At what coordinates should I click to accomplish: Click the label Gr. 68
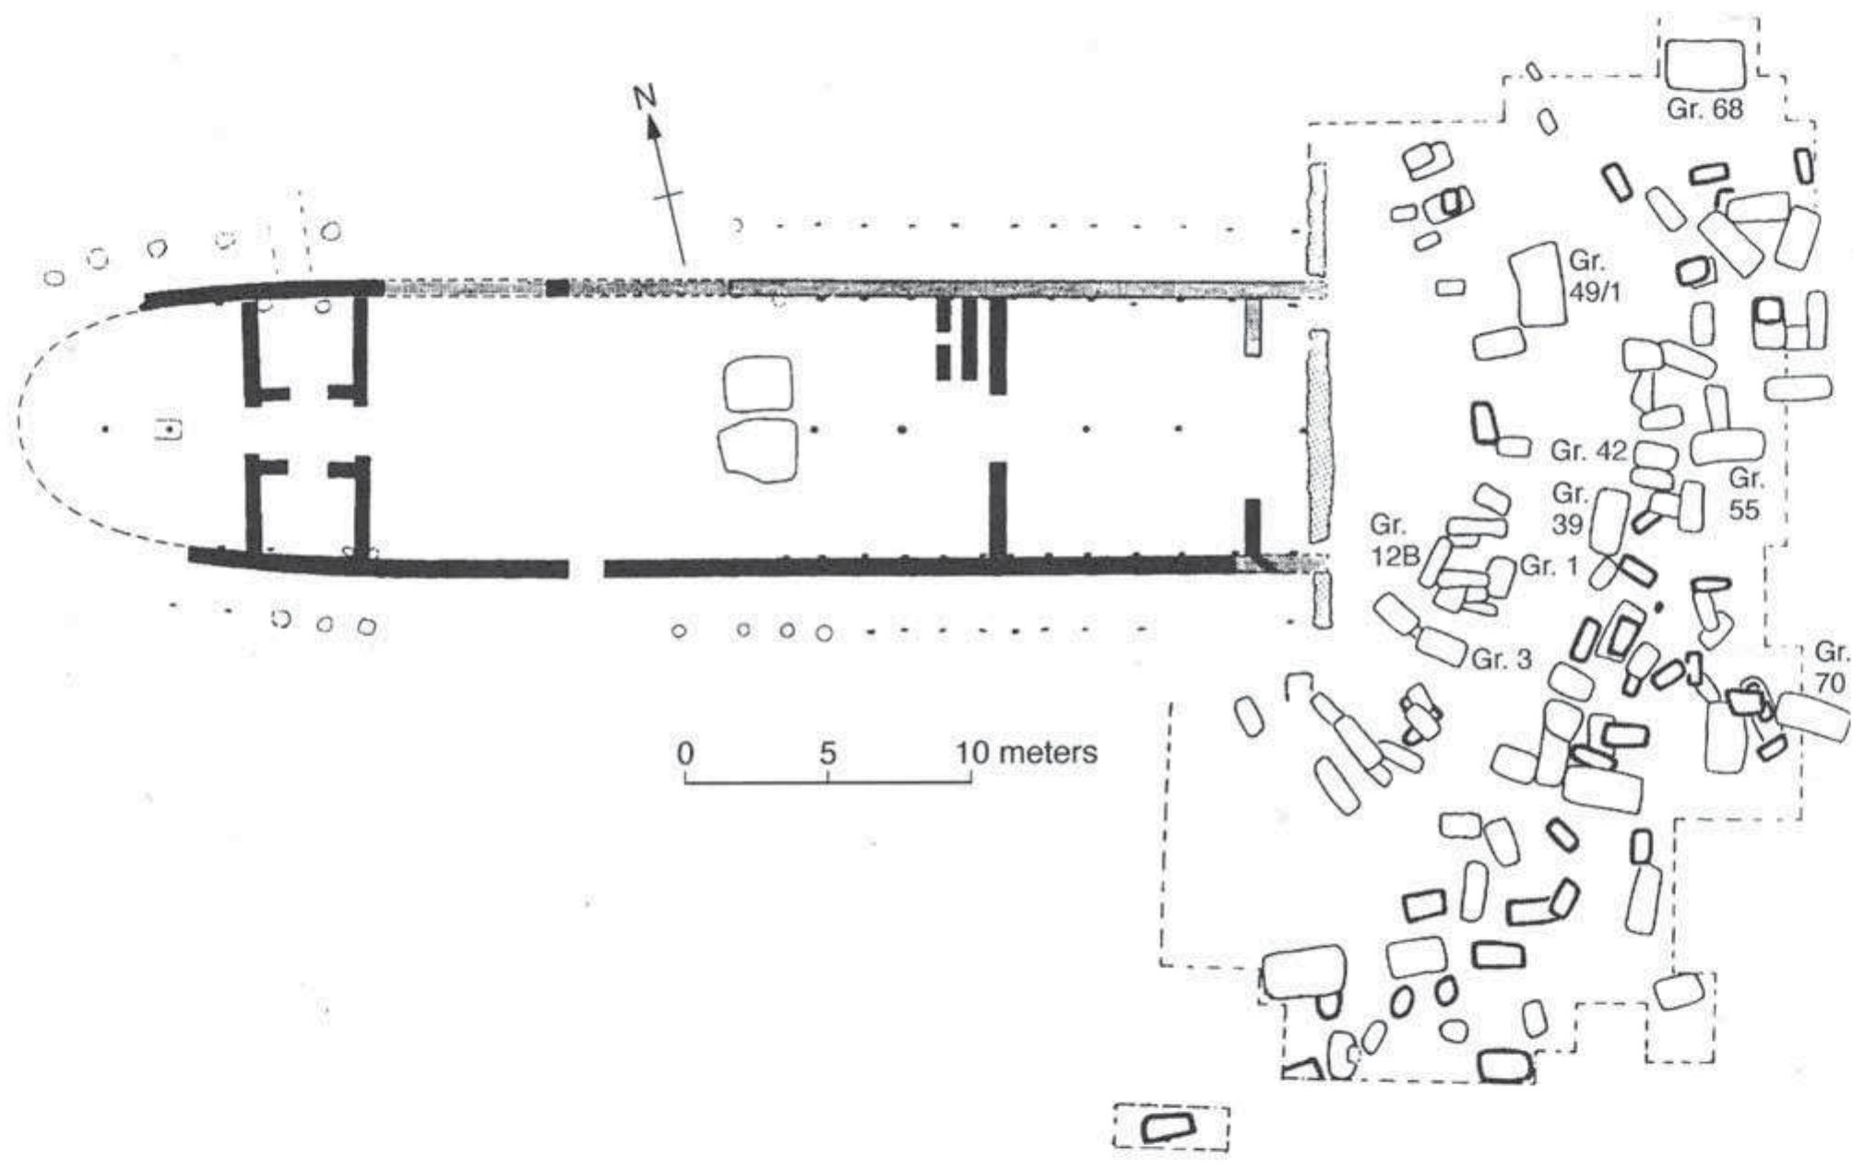1705,109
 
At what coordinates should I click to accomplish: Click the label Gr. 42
1587,451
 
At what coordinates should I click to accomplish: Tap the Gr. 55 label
1745,494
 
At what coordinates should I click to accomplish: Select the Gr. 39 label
1569,508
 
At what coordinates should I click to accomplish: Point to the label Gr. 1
1550,565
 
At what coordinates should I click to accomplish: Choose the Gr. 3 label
1503,659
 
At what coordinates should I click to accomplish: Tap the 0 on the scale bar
684,752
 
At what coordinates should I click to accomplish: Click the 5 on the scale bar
827,752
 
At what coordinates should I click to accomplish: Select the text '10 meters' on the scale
1026,752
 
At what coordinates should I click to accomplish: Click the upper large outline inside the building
758,384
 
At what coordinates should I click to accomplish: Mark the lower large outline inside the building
758,450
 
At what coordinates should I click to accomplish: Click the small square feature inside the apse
170,429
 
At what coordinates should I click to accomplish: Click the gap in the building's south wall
586,567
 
